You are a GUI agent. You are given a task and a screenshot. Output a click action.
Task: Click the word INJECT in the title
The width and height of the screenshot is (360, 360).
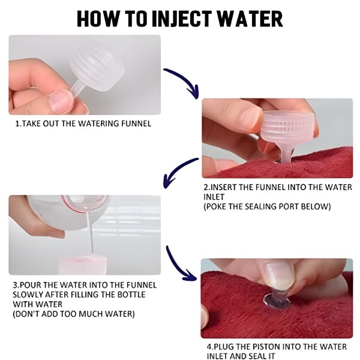point(182,19)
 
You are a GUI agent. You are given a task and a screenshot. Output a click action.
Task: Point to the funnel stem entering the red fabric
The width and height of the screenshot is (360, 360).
point(286,155)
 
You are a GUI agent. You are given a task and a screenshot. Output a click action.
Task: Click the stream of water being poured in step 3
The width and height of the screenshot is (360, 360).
point(90,232)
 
